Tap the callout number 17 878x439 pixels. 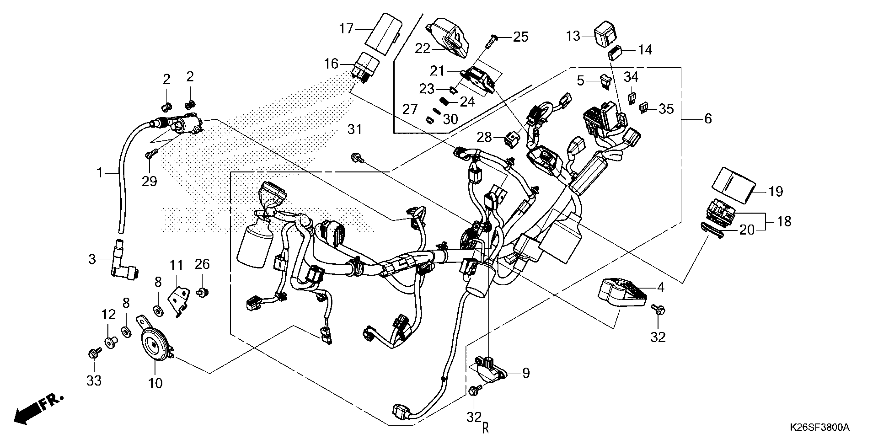coord(346,28)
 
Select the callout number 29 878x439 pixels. coord(149,181)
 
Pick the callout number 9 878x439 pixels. coord(526,373)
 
